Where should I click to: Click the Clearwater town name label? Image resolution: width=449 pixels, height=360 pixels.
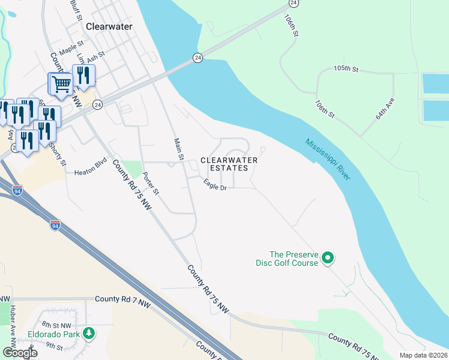pos(109,26)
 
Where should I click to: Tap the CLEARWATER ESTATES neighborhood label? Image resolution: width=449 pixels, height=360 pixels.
pos(229,164)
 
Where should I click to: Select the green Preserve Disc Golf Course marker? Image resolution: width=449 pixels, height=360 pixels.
pos(327,258)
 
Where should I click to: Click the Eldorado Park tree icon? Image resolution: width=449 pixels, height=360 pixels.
pos(89,333)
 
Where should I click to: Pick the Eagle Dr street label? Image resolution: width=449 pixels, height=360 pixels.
pos(214,187)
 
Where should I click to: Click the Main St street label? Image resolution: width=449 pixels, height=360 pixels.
pos(178,149)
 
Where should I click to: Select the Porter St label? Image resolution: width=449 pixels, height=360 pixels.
pos(151,184)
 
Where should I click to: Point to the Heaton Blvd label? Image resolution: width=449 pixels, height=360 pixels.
pos(90,172)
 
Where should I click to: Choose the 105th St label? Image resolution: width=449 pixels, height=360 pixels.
pos(346,69)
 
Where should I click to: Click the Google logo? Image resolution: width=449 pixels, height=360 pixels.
pos(20,352)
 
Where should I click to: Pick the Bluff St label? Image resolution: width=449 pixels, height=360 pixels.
pos(75,10)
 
